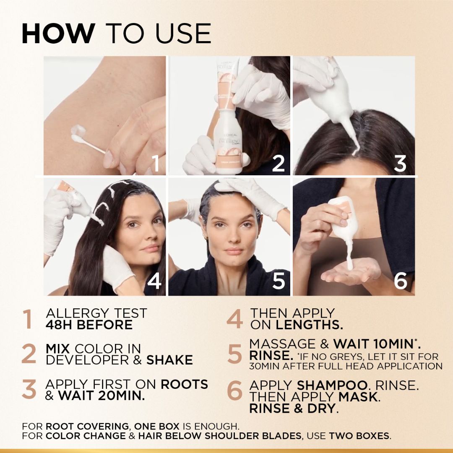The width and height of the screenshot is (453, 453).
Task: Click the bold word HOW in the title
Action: pyautogui.click(x=58, y=34)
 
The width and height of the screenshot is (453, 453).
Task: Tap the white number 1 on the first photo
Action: pyautogui.click(x=156, y=163)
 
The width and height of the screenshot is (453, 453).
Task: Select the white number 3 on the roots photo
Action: pyautogui.click(x=400, y=164)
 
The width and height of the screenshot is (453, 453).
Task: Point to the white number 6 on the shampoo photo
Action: pyautogui.click(x=401, y=281)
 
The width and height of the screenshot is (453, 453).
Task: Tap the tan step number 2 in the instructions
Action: pyautogui.click(x=29, y=354)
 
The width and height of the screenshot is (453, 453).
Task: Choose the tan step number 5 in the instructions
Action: pyautogui.click(x=234, y=354)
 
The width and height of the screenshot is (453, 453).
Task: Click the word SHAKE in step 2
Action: pyautogui.click(x=169, y=360)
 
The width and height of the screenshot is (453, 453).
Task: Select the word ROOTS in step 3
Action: pyautogui.click(x=184, y=384)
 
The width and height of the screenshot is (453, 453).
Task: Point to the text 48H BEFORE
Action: pyautogui.click(x=89, y=325)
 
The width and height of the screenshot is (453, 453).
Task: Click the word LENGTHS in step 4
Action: pyautogui.click(x=309, y=325)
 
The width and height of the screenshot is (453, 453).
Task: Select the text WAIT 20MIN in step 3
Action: pyautogui.click(x=102, y=396)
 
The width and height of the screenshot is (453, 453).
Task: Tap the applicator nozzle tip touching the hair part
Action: pyautogui.click(x=356, y=152)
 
